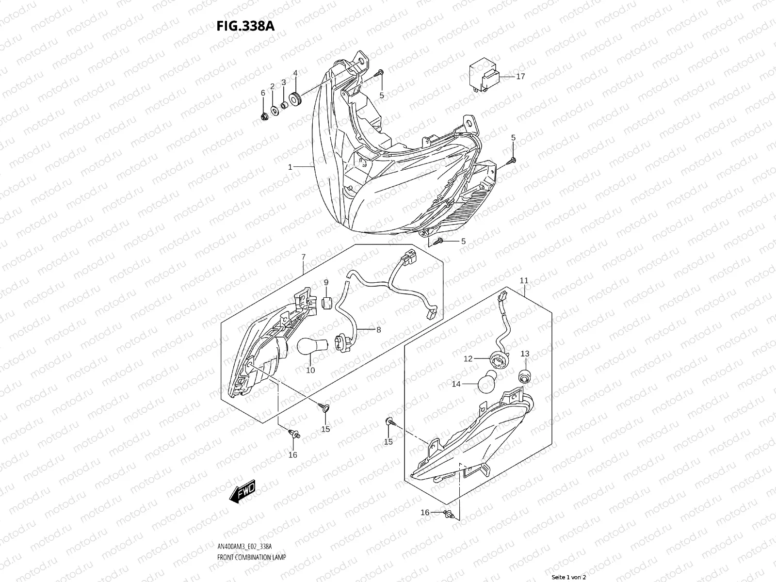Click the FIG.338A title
click(245, 26)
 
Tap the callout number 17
click(520, 76)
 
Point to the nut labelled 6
click(264, 116)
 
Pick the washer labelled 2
click(275, 111)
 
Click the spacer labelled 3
click(284, 105)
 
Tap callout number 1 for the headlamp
click(290, 167)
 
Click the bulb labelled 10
click(313, 346)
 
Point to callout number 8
click(379, 330)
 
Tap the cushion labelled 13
click(525, 376)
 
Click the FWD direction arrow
click(242, 491)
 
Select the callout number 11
click(524, 280)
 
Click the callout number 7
click(303, 257)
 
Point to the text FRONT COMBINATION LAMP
click(251, 557)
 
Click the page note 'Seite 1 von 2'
click(569, 577)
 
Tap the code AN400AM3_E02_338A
click(244, 547)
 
